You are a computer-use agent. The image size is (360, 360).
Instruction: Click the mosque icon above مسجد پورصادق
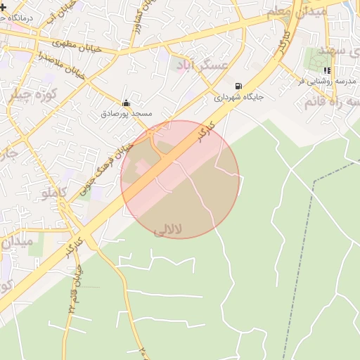pyautogui.click(x=126, y=103)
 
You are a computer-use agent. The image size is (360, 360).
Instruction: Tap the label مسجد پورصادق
pyautogui.click(x=126, y=112)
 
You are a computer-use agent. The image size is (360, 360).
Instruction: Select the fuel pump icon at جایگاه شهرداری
pyautogui.click(x=240, y=87)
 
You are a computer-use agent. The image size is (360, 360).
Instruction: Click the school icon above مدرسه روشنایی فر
pyautogui.click(x=327, y=70)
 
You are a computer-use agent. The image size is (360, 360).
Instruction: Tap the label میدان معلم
pyautogui.click(x=288, y=12)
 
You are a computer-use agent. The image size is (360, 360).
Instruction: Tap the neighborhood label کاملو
pyautogui.click(x=54, y=192)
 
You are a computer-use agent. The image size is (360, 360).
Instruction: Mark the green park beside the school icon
pyautogui.click(x=314, y=60)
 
